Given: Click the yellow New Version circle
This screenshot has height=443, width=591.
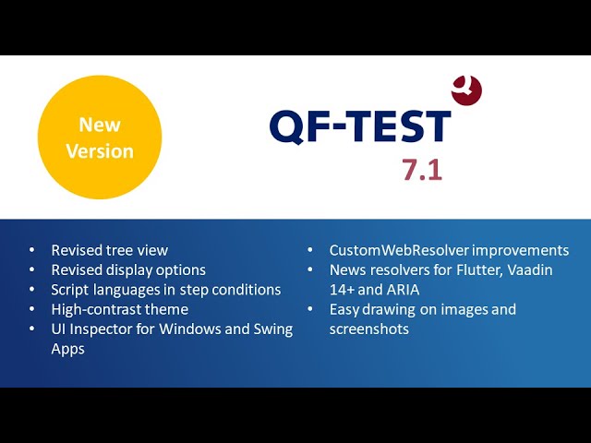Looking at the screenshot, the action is click(100, 138).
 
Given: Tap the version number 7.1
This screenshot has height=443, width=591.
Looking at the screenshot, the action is click(422, 170).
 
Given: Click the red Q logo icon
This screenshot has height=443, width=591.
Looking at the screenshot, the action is click(466, 90).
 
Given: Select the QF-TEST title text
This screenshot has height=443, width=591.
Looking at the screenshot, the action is click(360, 126).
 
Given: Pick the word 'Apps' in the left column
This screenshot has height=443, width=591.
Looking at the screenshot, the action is click(67, 349).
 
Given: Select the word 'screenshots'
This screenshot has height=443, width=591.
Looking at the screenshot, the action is click(369, 329).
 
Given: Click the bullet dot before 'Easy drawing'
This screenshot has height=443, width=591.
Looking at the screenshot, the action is click(310, 309).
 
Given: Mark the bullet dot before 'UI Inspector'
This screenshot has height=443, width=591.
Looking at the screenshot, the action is click(32, 329).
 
